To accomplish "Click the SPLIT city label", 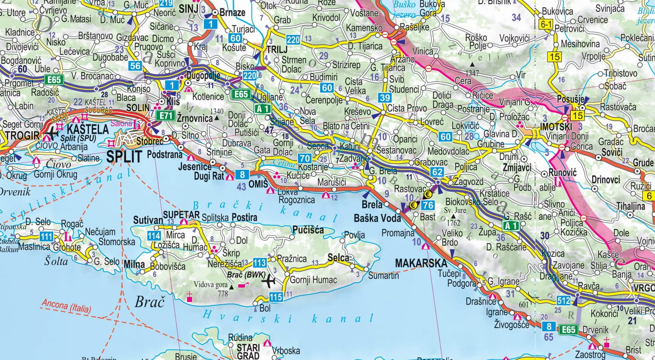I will point(124,156).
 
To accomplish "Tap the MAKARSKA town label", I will point(421,263).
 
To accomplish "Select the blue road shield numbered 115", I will point(276,297).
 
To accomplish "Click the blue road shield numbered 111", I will point(46,237).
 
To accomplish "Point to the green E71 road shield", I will point(165,116).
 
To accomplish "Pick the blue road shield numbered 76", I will point(428,205).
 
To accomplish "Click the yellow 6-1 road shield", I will point(546,25).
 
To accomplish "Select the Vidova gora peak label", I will point(211,285).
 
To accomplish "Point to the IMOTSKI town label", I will point(556,127).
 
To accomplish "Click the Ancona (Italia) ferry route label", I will point(66,306).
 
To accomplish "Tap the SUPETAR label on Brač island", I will point(181,215).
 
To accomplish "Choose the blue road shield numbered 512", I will point(563,301).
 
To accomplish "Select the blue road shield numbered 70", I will point(304,158).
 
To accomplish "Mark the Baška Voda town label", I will point(377,218).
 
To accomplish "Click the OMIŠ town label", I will point(258,184).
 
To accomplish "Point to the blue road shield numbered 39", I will point(384,98).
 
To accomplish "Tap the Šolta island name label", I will point(56,261).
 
